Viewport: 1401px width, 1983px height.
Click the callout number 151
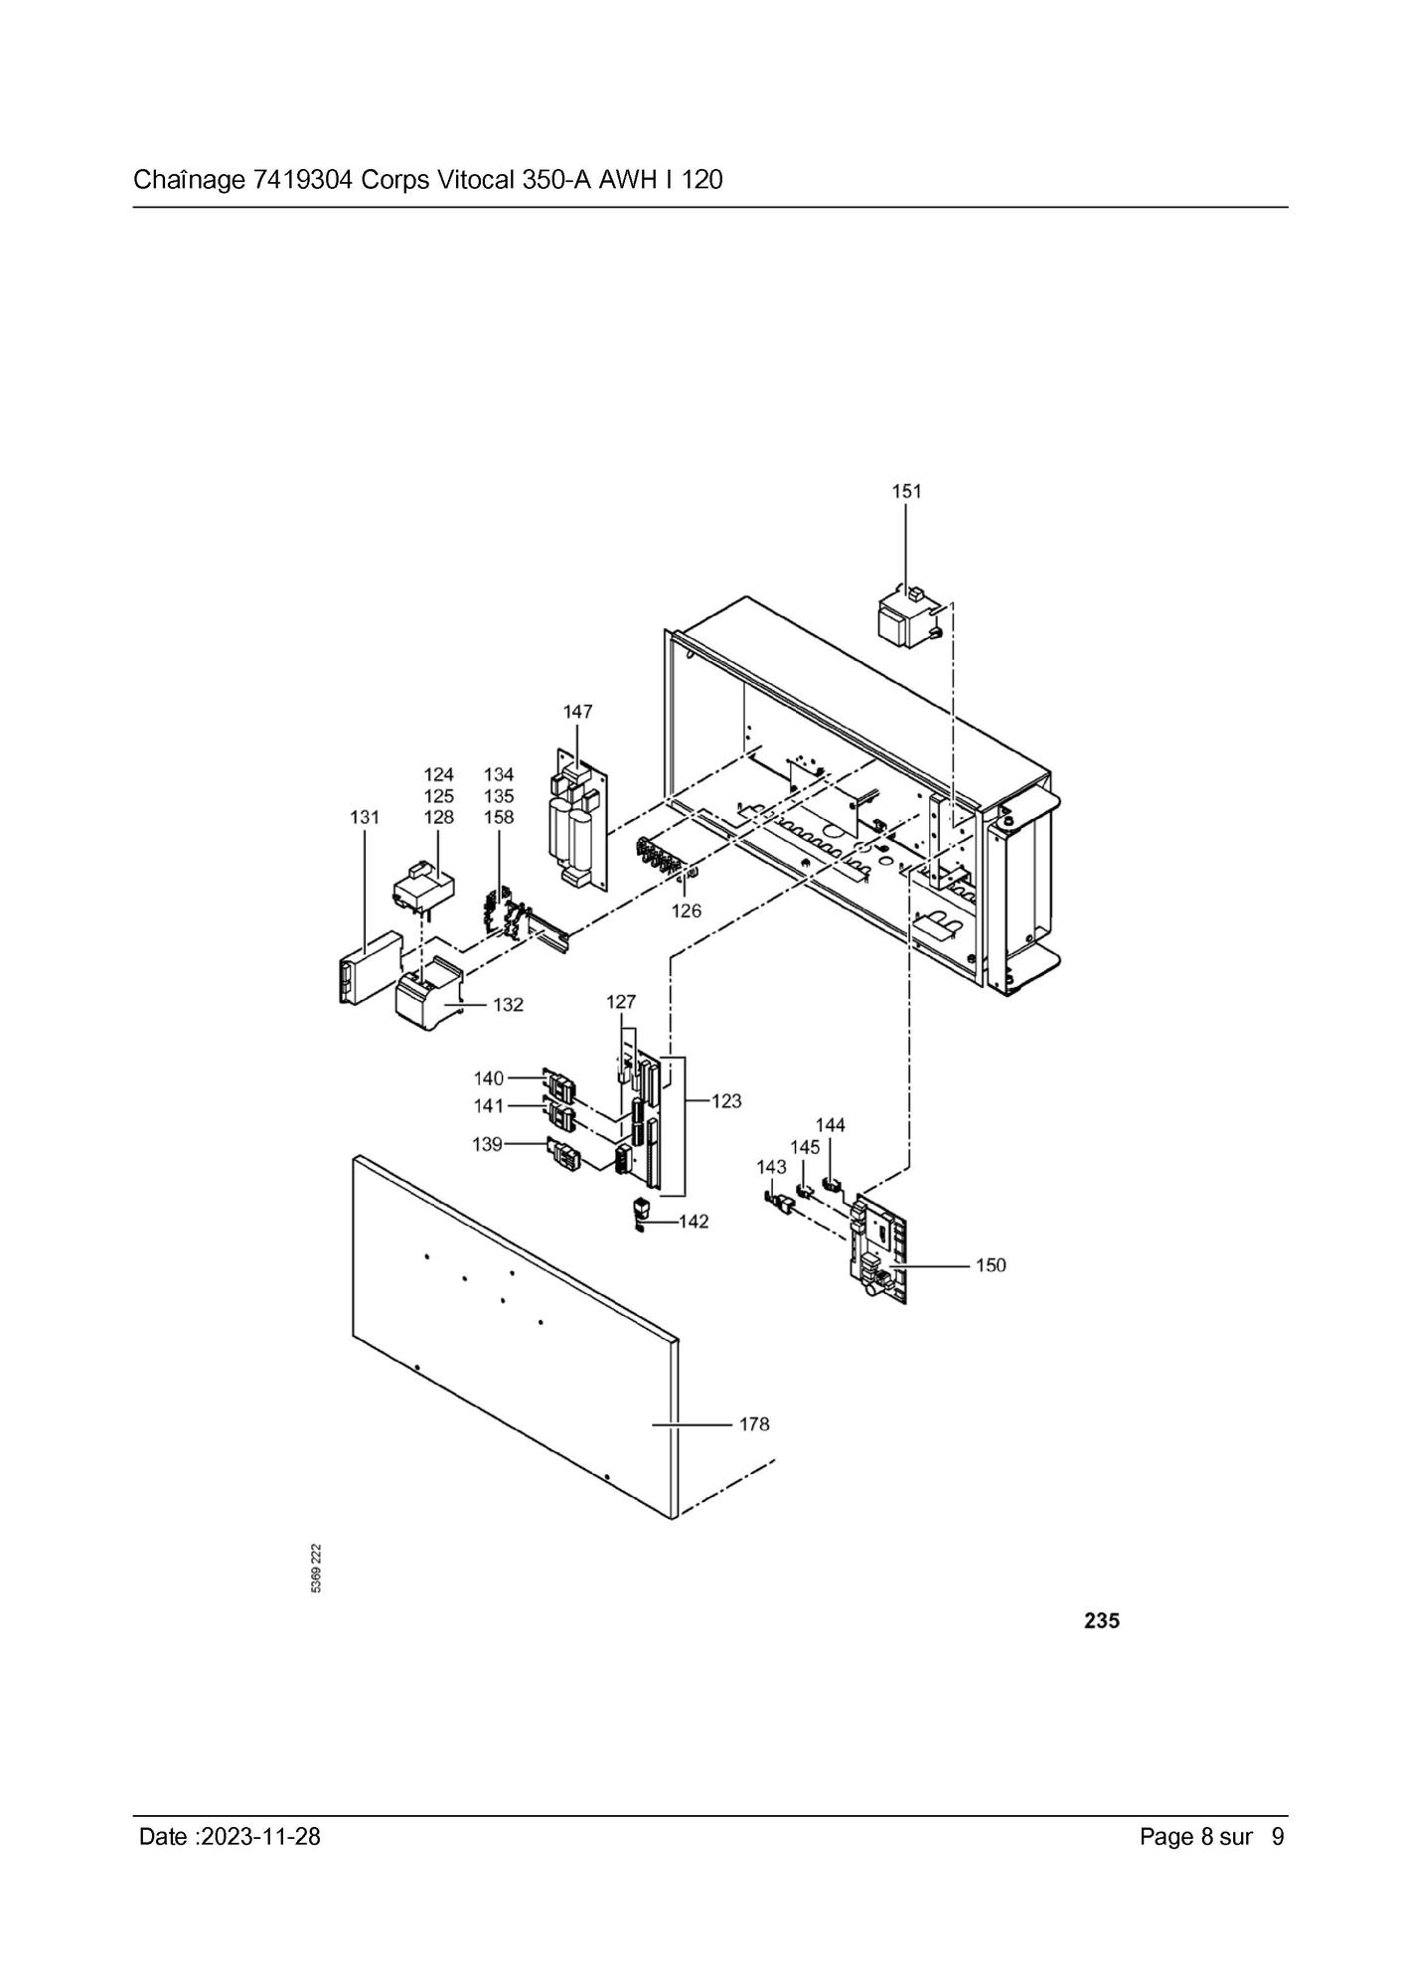click(x=906, y=491)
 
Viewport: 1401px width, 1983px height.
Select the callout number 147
click(x=577, y=712)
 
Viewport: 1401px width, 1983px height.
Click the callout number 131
click(x=365, y=817)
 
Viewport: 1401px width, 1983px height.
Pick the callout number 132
click(x=508, y=1005)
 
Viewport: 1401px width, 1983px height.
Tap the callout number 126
click(x=686, y=910)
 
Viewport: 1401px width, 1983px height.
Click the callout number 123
click(x=726, y=1101)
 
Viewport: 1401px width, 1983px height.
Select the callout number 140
click(x=489, y=1078)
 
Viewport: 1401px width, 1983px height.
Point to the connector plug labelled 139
click(x=563, y=1154)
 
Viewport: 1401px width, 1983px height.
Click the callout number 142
click(x=694, y=1222)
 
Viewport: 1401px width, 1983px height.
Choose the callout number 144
click(x=831, y=1125)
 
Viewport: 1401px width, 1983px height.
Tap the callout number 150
click(x=991, y=1265)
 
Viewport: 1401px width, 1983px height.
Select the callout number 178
click(x=754, y=1424)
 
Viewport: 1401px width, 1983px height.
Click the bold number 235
click(x=1102, y=1621)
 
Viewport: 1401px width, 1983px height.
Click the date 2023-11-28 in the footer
click(x=260, y=1836)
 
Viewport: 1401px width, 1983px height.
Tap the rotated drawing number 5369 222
click(x=316, y=1569)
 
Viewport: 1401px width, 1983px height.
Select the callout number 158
click(x=499, y=817)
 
